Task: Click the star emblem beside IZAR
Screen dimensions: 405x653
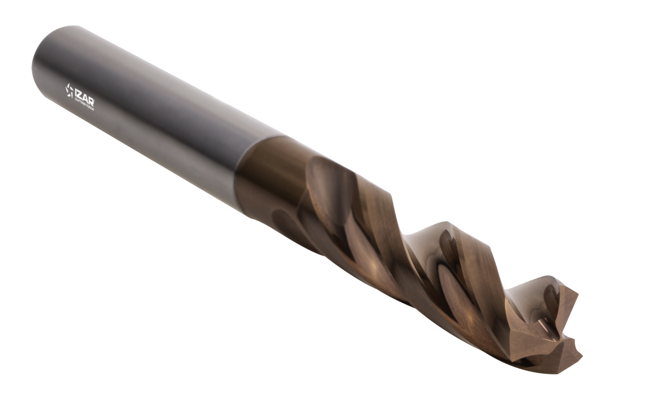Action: (x=70, y=91)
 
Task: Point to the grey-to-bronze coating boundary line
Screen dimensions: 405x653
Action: (x=248, y=157)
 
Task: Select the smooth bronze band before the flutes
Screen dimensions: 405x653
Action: (x=261, y=170)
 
